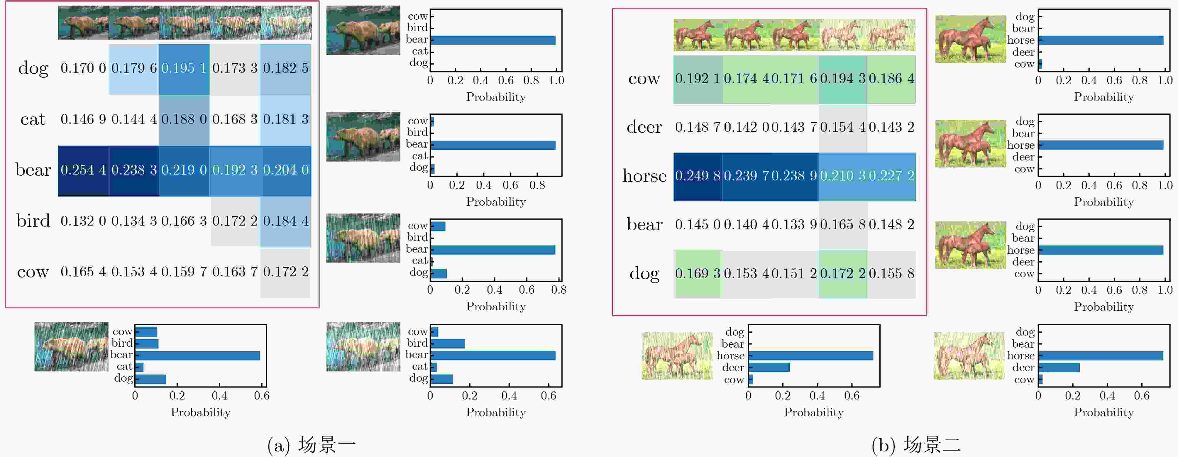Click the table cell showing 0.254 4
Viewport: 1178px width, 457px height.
[83, 170]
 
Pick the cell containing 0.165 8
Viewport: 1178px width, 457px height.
[843, 225]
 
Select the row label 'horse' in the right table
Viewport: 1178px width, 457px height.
[644, 176]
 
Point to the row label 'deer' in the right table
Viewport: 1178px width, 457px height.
[644, 127]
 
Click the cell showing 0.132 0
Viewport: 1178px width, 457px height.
[83, 221]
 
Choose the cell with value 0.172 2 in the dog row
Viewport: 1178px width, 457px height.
[843, 274]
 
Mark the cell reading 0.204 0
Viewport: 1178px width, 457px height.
[286, 170]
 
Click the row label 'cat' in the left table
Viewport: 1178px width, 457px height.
[33, 119]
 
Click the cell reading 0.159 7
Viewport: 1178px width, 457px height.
[184, 272]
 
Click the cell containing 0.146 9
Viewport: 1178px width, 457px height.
[83, 119]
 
